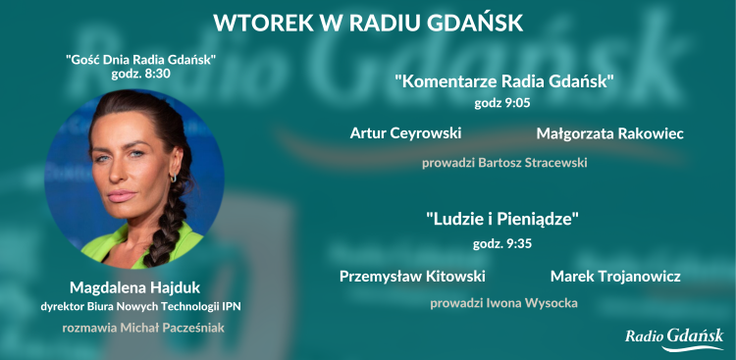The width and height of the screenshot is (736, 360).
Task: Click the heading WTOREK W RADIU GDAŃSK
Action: click(x=368, y=21)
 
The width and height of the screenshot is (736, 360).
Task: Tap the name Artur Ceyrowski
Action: click(x=405, y=132)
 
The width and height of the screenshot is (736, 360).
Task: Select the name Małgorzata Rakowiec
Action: click(x=610, y=132)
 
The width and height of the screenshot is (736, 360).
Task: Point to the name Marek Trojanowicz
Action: click(x=615, y=276)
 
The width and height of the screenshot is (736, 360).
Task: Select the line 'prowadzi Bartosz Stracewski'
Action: click(x=504, y=162)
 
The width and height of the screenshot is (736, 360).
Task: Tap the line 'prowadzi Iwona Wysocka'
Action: click(x=503, y=303)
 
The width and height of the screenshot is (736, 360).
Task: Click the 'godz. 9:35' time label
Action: click(x=503, y=243)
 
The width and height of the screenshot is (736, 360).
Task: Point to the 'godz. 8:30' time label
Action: click(x=141, y=74)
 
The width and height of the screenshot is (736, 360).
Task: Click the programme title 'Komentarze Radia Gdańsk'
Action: click(x=504, y=80)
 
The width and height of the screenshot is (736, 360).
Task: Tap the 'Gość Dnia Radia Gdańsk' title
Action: click(x=141, y=59)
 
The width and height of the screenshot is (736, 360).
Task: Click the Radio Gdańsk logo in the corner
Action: click(x=675, y=337)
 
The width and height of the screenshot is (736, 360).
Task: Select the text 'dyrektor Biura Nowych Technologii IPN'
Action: click(x=141, y=306)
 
